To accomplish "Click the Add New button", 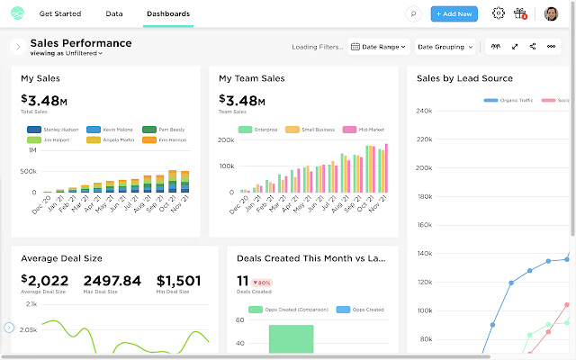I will coord(454,13).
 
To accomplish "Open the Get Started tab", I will coord(59,14).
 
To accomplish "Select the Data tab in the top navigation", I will coord(114,14).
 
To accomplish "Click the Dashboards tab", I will coord(167,14).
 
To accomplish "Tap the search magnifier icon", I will coord(413,14).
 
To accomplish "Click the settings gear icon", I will coord(499,13).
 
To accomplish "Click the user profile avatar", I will coord(552,13).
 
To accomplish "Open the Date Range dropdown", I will coord(378,46).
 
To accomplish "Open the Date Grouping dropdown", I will coord(445,46).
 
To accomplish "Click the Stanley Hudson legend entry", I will coord(57,130).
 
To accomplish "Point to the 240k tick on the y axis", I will coord(426,112).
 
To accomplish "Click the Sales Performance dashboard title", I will coord(80,42).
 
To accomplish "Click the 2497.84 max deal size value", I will coord(112,280).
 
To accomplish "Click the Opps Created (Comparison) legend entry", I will coord(283,310).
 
